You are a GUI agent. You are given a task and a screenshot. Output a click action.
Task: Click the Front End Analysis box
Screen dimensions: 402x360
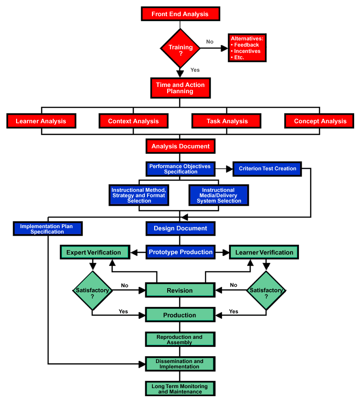180,14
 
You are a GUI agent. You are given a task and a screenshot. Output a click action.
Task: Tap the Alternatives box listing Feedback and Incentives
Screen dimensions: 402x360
247,48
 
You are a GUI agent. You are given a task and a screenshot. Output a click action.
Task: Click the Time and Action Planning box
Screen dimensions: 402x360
180,88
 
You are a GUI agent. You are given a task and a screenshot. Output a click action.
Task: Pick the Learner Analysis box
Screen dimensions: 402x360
41,121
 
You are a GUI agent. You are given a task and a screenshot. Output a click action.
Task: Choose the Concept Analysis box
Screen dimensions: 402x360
320,121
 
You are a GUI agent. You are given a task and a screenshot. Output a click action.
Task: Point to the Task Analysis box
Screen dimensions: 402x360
227,121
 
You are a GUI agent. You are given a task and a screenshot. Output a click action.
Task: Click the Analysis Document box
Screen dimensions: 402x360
180,146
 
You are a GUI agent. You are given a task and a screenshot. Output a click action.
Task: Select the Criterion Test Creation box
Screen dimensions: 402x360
267,169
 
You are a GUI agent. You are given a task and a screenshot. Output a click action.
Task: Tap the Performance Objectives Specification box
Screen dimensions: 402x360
180,169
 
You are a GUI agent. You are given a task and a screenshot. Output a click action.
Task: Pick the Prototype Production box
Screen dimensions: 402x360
180,252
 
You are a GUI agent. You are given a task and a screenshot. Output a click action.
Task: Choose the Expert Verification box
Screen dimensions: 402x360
94,252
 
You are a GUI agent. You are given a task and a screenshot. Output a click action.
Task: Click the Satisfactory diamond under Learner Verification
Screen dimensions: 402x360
266,290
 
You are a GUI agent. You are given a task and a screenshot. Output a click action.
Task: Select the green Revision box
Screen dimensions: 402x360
180,290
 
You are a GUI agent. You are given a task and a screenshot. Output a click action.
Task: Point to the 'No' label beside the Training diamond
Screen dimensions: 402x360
210,42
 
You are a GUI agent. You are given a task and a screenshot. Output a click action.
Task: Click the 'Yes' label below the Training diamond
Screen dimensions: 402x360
195,70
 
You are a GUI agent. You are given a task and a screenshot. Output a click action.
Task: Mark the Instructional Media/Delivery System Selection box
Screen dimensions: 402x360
219,195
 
